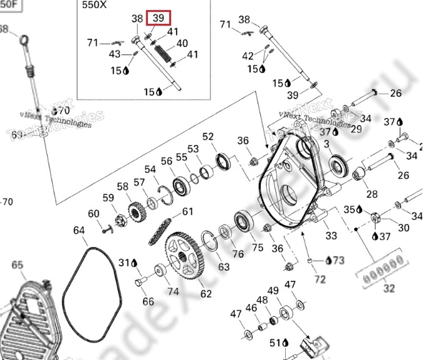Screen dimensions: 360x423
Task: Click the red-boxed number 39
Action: point(158,18)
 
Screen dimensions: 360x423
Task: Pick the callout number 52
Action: point(208,137)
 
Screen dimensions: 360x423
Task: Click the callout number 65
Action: point(17,265)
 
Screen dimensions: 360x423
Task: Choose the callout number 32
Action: point(390,289)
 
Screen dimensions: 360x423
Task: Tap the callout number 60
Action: point(93,214)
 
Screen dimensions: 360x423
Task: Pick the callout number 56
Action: point(166,162)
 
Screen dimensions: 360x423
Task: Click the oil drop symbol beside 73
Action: point(328,260)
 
